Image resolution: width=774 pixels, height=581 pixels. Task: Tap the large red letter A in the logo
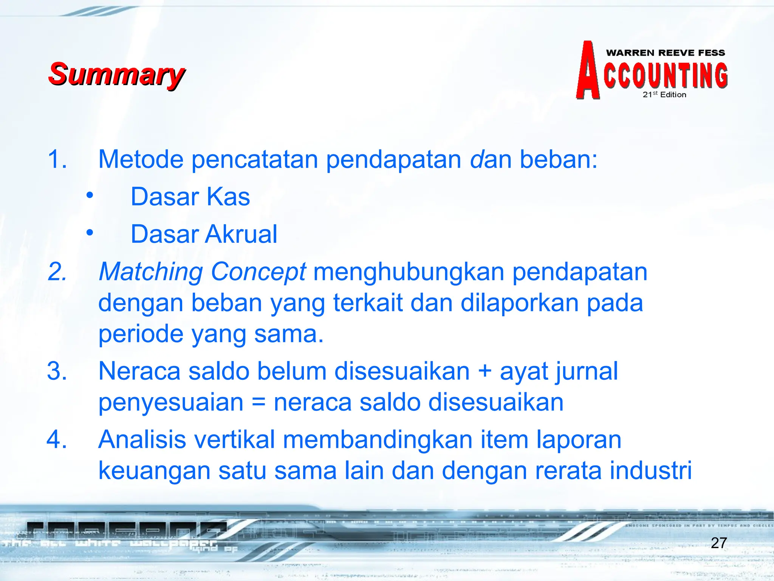pyautogui.click(x=587, y=72)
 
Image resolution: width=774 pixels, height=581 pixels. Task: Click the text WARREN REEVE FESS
pyautogui.click(x=665, y=53)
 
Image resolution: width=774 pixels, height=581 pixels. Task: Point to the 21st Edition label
pyautogui.click(x=664, y=95)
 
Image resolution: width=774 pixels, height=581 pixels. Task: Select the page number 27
pyautogui.click(x=718, y=543)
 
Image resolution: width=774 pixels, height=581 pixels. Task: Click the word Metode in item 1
pyautogui.click(x=141, y=159)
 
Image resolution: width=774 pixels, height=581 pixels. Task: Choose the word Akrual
pyautogui.click(x=241, y=234)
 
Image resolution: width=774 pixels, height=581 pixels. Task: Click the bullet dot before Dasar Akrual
pyautogui.click(x=90, y=233)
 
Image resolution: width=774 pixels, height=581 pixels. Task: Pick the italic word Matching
pyautogui.click(x=151, y=272)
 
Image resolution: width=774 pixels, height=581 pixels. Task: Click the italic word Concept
pyautogui.click(x=258, y=272)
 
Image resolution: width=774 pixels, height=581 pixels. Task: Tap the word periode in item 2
pyautogui.click(x=141, y=334)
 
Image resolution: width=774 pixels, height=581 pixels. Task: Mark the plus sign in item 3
pyautogui.click(x=485, y=371)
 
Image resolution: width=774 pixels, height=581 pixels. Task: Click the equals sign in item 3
pyautogui.click(x=259, y=402)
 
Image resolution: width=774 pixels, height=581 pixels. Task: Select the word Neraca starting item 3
pyautogui.click(x=139, y=371)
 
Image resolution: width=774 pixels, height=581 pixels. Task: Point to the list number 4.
pyautogui.click(x=57, y=440)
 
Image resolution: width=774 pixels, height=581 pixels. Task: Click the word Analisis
pyautogui.click(x=142, y=440)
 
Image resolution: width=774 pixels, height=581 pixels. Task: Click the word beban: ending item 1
pyautogui.click(x=558, y=159)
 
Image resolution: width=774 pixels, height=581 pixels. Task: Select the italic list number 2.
pyautogui.click(x=57, y=272)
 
